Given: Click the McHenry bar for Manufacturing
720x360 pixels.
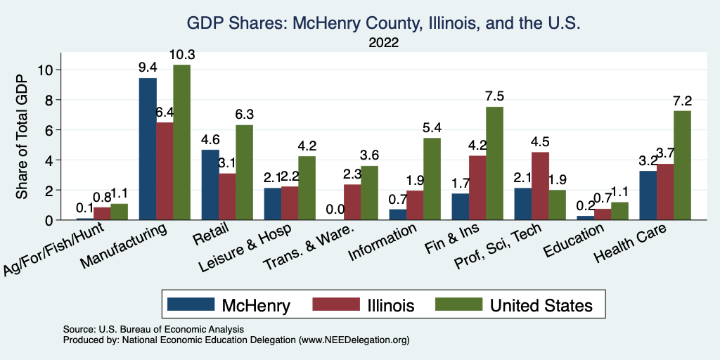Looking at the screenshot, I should (148, 149).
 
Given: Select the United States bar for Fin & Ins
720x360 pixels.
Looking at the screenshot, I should (494, 163).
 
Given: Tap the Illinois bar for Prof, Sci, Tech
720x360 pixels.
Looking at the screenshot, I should (541, 186).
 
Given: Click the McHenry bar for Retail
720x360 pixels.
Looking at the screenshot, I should (210, 185).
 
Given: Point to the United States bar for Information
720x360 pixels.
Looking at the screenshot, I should (432, 179).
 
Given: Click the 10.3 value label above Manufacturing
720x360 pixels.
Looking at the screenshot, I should (182, 54).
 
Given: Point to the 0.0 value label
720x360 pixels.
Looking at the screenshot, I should (335, 209).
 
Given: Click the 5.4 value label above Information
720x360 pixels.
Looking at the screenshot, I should (432, 128).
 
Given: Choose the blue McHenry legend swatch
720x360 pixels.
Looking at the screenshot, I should (191, 305).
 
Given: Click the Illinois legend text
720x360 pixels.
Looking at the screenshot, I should (390, 305).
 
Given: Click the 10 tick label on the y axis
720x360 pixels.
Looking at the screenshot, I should (44, 70).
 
